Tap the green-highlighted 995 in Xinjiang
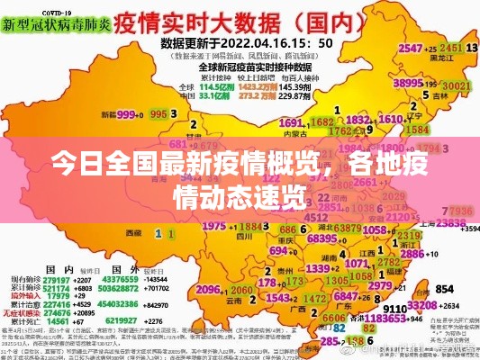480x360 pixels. click(158, 114)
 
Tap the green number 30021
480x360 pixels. click(457, 86)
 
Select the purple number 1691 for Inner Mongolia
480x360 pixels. click(291, 123)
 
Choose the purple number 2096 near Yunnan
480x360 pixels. click(208, 290)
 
